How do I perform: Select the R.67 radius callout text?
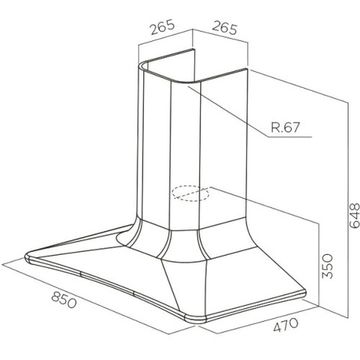(x=286, y=127)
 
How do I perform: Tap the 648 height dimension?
(x=354, y=215)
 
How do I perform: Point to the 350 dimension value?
(x=328, y=266)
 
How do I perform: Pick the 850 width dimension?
(x=64, y=299)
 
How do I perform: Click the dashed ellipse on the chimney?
(x=190, y=194)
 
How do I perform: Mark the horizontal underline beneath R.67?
(x=290, y=137)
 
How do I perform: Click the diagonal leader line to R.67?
(x=228, y=111)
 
